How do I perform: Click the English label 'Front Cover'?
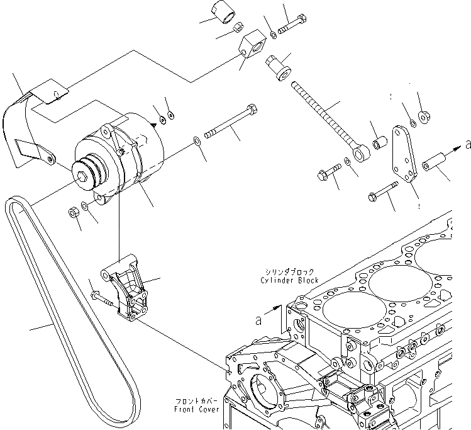pos(197,409)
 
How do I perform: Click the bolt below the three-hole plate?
pos(384,191)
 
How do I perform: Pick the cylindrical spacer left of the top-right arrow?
pos(433,162)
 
